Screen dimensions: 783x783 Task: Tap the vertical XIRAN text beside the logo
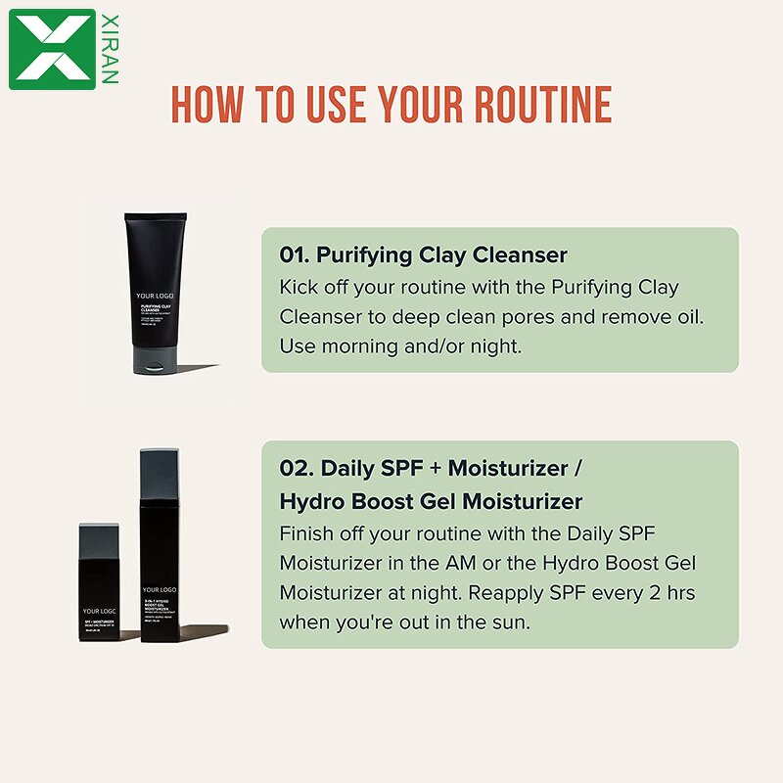coord(109,49)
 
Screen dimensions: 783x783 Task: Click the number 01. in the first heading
coord(295,255)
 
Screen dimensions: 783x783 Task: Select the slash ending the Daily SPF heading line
coord(579,468)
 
